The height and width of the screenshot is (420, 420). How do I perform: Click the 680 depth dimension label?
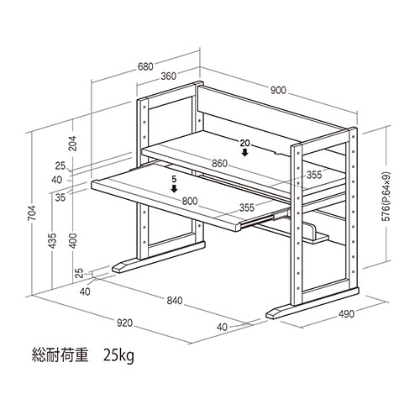(145, 66)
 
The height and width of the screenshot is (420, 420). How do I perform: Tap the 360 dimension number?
(169, 76)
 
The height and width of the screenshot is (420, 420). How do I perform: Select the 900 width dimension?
(278, 90)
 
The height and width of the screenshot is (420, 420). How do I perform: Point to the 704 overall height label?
(33, 213)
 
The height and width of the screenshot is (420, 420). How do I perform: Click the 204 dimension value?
(73, 144)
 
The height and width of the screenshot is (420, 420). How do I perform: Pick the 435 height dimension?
(52, 241)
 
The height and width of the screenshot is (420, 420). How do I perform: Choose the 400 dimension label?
(73, 241)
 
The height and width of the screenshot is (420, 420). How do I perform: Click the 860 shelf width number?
(220, 163)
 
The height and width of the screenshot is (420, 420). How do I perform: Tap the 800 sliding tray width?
(190, 201)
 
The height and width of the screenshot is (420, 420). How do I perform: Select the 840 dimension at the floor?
(175, 301)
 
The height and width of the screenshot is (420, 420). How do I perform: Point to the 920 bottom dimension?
(124, 323)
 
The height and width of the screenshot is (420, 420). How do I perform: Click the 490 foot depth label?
(346, 314)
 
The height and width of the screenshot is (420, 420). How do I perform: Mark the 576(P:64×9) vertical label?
(386, 196)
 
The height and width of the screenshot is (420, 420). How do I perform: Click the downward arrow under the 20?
(245, 152)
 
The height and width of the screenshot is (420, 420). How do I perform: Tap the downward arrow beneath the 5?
(175, 189)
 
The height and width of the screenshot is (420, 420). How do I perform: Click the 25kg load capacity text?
(118, 356)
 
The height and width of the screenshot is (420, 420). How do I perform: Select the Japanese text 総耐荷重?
(60, 354)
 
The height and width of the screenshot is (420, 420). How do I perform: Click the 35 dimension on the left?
(60, 197)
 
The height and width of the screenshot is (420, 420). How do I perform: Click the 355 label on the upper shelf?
(314, 175)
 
